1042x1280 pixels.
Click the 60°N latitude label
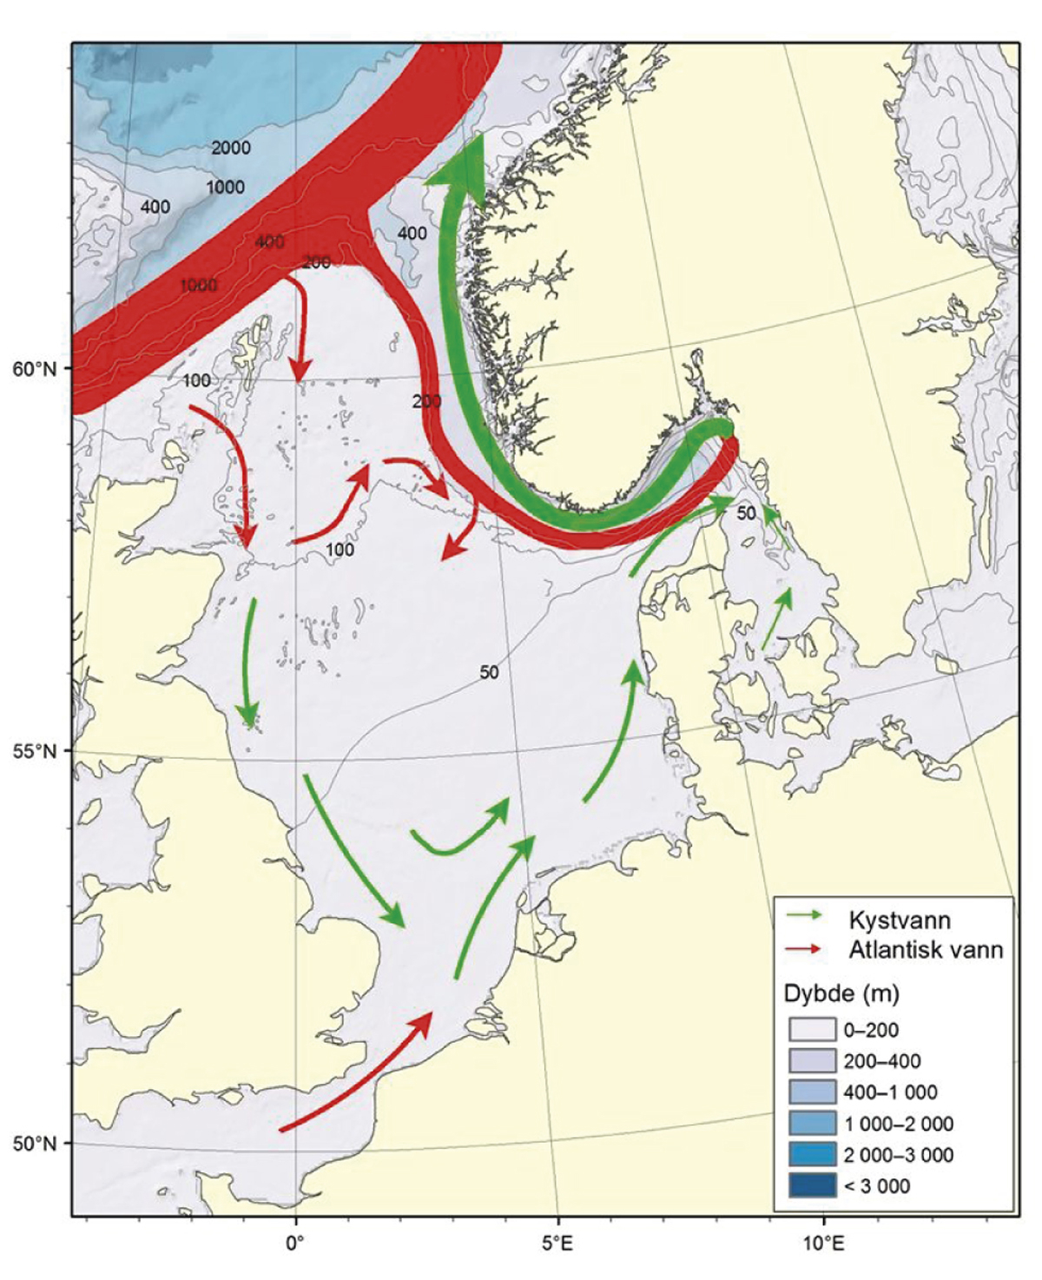[34, 368]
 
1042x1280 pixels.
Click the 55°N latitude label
[34, 750]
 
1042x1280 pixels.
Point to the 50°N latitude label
[34, 1143]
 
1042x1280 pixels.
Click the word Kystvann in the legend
[899, 920]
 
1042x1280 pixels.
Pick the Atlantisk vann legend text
[926, 950]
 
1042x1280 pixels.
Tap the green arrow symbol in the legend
[805, 916]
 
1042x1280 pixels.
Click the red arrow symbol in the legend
[805, 949]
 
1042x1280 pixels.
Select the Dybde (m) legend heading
[841, 993]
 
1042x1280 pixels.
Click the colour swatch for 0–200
[812, 1030]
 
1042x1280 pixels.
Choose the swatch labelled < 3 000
[812, 1186]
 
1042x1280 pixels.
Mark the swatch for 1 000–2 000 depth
[812, 1124]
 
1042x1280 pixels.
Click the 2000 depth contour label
[231, 148]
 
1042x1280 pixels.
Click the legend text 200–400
[882, 1061]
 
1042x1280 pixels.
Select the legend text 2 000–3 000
[898, 1155]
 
